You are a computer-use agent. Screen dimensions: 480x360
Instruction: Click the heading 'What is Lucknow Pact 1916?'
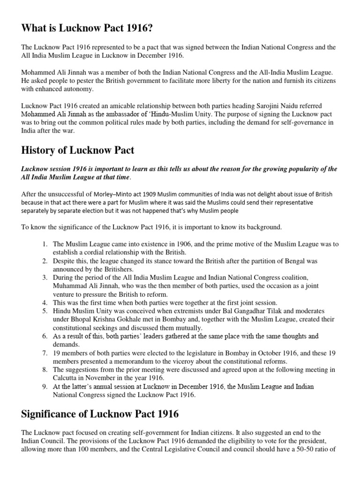pyautogui.click(x=88, y=29)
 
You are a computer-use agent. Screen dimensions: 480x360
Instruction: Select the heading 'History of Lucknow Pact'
pyautogui.click(x=78, y=150)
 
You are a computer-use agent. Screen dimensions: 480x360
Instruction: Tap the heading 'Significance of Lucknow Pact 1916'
pyautogui.click(x=99, y=414)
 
